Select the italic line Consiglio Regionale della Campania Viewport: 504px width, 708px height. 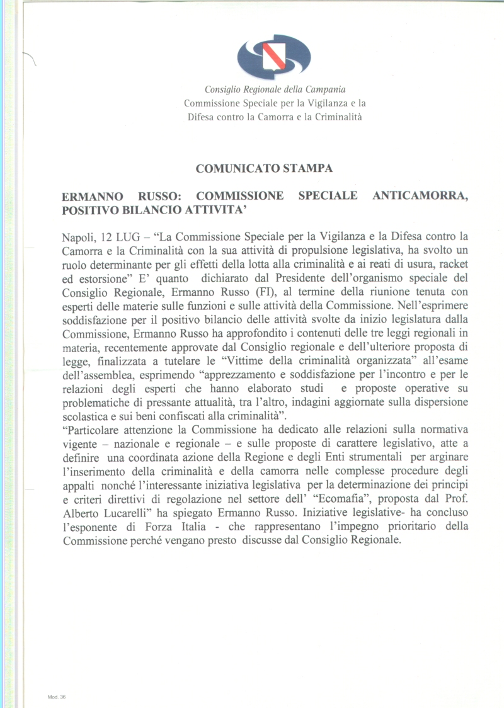click(275, 90)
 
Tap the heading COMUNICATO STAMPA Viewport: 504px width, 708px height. click(264, 168)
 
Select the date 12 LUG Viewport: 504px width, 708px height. click(123, 238)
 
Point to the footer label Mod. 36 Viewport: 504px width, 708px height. click(57, 698)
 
